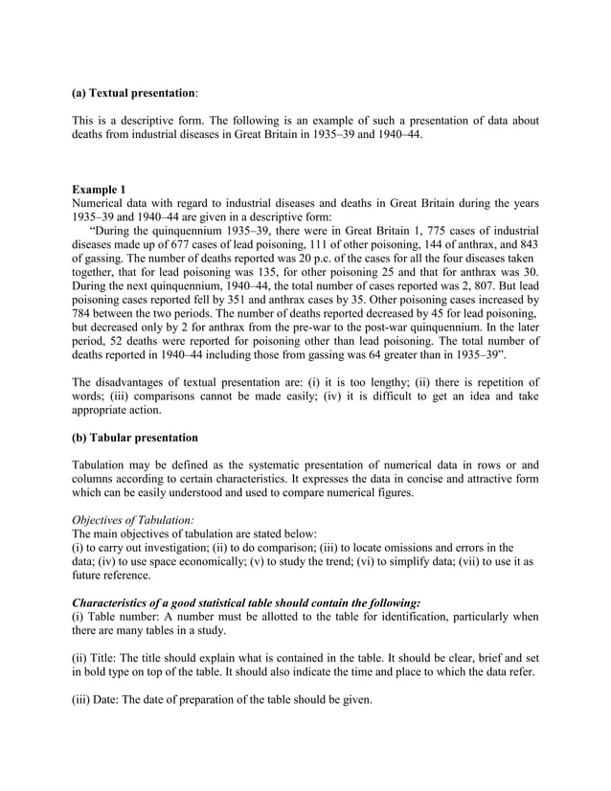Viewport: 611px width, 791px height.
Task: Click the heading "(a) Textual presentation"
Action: coord(134,95)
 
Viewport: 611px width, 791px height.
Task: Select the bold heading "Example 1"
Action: coord(99,190)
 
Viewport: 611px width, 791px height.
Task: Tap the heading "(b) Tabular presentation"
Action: coord(135,439)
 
